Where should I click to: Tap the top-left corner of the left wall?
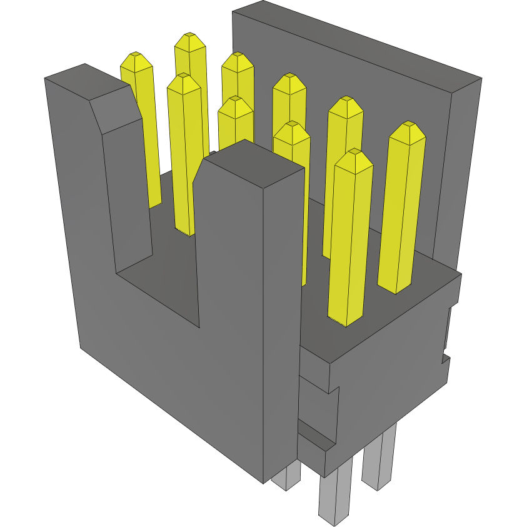click(45, 78)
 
